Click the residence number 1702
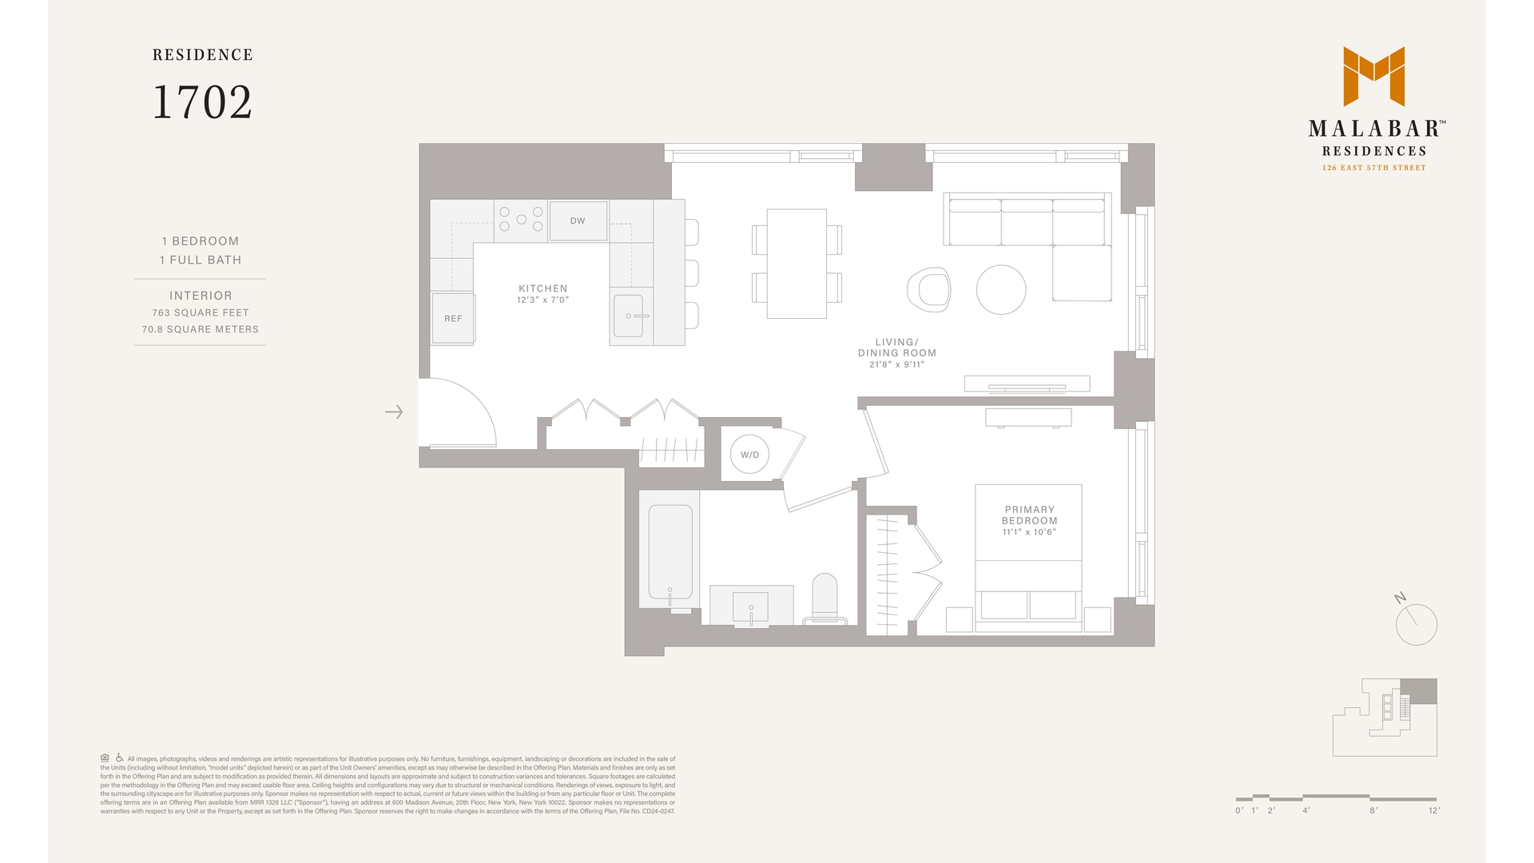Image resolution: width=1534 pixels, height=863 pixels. [202, 102]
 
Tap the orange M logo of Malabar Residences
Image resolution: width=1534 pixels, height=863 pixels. [1373, 76]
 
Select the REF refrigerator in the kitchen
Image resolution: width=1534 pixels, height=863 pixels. [453, 318]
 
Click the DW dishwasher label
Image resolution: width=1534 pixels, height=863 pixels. [578, 221]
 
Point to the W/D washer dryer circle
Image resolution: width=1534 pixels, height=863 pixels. [749, 455]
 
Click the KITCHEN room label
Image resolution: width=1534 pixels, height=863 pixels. [542, 288]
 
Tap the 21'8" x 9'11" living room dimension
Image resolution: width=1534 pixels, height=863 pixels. [896, 364]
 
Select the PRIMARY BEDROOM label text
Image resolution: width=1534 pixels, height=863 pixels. [1029, 515]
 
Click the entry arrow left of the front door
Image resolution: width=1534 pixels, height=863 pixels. [394, 412]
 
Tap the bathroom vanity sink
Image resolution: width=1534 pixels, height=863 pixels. [751, 607]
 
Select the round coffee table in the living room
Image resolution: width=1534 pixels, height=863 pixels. [1001, 289]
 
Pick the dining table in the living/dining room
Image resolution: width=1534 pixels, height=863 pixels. [797, 264]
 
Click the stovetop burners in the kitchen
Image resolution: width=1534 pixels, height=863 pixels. [521, 220]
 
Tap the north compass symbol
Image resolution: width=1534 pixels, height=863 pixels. [1416, 623]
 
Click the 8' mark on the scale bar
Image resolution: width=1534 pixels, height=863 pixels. [1373, 809]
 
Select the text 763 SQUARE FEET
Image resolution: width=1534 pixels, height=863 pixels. [201, 312]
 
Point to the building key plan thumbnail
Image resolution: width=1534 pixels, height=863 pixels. [1385, 717]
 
